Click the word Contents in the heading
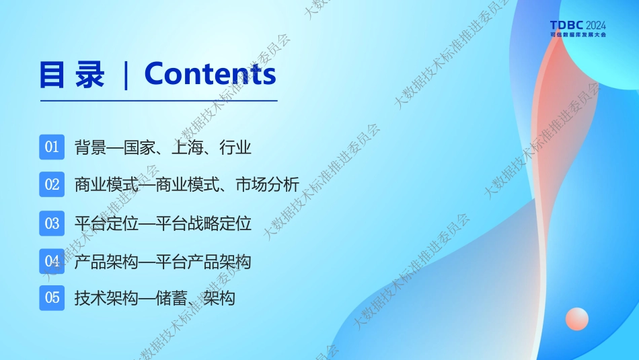point(211,74)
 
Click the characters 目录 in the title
point(72,75)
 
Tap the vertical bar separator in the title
point(126,75)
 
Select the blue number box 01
point(52,147)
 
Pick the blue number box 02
point(52,184)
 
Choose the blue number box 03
point(52,223)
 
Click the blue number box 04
point(52,261)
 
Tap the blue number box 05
point(52,297)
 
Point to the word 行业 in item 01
point(235,147)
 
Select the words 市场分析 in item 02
point(268,184)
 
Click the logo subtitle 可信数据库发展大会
point(578,35)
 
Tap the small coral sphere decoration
point(577,318)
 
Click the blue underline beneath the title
point(159,100)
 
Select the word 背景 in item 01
point(91,147)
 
